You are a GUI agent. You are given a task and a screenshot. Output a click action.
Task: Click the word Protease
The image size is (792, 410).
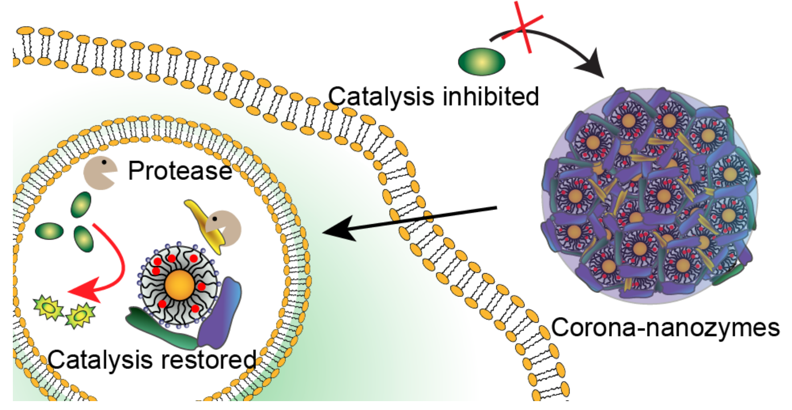(179, 171)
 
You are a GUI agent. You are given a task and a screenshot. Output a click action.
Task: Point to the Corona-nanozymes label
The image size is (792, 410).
(665, 328)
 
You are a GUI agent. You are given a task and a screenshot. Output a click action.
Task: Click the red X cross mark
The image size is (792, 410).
(523, 27)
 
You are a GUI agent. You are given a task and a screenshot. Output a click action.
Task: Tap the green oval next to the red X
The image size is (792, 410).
(482, 62)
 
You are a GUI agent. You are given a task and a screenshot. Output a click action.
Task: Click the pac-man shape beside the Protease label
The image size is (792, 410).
(99, 172)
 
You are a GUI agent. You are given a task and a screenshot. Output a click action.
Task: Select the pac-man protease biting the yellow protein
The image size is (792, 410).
(223, 228)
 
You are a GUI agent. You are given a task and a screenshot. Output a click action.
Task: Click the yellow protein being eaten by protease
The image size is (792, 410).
(204, 222)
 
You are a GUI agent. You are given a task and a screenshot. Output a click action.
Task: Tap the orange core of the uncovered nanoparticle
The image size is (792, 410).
(179, 285)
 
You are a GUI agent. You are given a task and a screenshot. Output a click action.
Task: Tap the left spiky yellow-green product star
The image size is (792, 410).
(48, 308)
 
